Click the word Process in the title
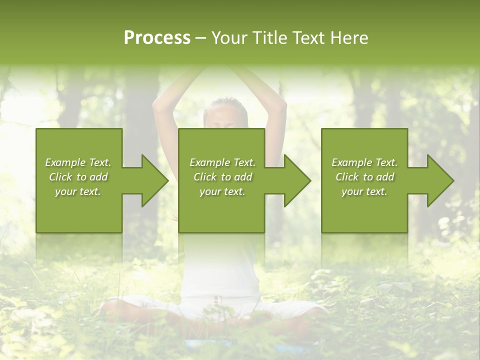[x=157, y=38]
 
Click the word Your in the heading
[x=231, y=38]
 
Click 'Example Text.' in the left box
[x=78, y=162]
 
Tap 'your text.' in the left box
[x=78, y=191]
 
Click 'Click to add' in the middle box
[x=222, y=177]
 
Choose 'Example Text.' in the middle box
[x=222, y=162]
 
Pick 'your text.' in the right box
[x=364, y=191]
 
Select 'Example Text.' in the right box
[x=364, y=162]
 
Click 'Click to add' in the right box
[x=364, y=177]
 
